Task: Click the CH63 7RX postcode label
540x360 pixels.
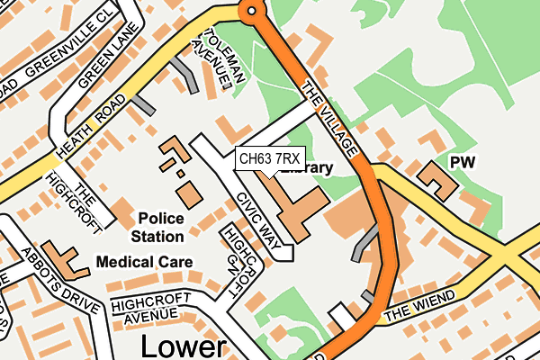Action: point(270,159)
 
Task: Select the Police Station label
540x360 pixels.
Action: point(161,227)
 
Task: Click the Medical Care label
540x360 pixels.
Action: point(145,262)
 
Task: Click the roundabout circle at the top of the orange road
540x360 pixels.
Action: point(250,11)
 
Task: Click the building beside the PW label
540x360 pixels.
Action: point(438,179)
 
